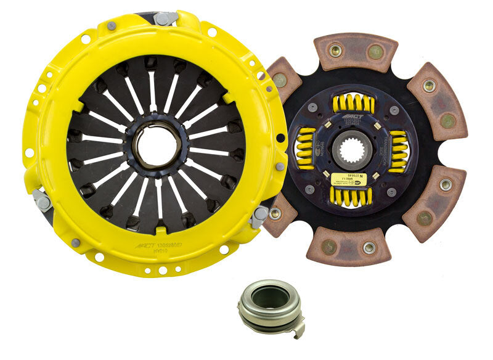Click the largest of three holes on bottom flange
pyautogui.click(x=161, y=269)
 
